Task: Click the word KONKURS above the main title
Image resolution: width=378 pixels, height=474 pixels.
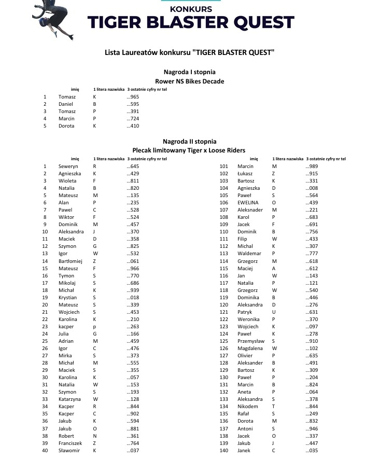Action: tap(191, 9)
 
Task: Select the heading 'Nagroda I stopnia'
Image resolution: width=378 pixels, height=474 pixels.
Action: tap(189, 72)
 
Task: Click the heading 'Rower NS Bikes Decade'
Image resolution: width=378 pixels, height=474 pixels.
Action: tap(189, 81)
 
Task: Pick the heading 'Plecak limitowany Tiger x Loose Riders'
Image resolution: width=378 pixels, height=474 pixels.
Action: tap(189, 150)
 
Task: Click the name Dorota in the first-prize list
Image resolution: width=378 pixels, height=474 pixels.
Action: tap(66, 126)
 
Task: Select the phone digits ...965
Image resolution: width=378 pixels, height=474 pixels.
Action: tap(133, 97)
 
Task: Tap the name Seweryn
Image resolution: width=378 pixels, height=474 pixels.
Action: tap(68, 166)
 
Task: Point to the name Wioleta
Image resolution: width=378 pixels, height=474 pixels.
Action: tap(67, 181)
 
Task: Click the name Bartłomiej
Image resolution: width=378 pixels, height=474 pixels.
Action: tap(71, 261)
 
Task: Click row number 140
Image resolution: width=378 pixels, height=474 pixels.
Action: tap(224, 451)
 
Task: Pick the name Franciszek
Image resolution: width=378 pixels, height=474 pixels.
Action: tap(71, 443)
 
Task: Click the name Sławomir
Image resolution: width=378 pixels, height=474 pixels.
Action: tap(69, 451)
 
